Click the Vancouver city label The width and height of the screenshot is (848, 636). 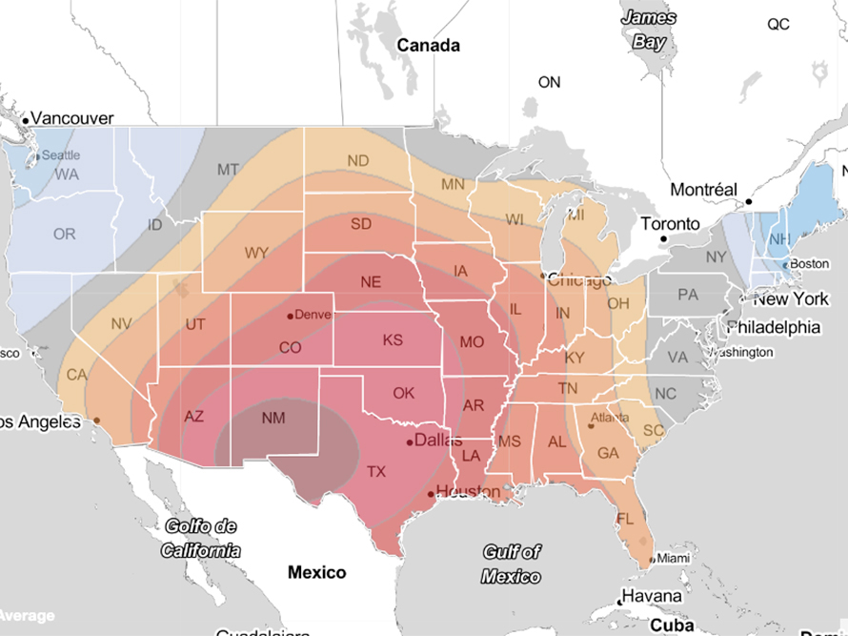click(72, 117)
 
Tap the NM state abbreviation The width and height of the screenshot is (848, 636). click(273, 418)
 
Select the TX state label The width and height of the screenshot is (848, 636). click(377, 471)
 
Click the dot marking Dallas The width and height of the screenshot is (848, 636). click(410, 441)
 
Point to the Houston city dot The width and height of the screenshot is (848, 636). click(431, 493)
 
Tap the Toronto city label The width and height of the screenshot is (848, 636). click(670, 224)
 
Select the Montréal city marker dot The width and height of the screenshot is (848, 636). click(749, 202)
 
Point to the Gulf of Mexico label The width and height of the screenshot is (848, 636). click(511, 564)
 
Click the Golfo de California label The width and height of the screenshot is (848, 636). click(200, 538)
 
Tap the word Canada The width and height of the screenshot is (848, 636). click(428, 45)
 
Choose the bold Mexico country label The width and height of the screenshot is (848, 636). click(317, 572)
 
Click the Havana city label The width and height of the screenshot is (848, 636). click(651, 597)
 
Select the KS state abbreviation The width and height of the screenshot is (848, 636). click(394, 340)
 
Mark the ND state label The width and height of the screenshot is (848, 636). click(358, 160)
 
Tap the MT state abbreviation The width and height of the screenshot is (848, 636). click(228, 170)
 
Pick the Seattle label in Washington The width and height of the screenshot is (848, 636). click(61, 154)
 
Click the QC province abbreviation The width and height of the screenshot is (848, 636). click(778, 25)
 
